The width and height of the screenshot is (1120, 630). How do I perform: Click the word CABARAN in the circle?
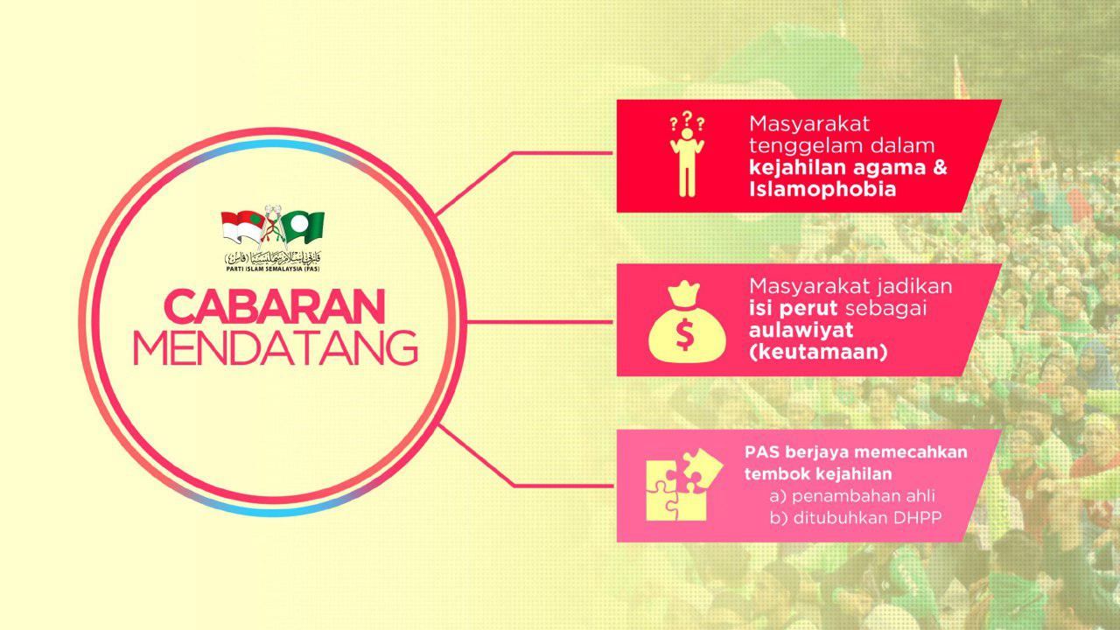[x=275, y=306]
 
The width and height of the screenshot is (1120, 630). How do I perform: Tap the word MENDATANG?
[x=276, y=347]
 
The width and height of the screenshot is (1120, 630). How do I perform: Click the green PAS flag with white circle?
[x=304, y=227]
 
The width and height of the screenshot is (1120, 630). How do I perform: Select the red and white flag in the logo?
[x=243, y=227]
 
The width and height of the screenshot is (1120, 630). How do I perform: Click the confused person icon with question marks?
[x=687, y=155]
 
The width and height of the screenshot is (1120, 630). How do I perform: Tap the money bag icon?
[x=686, y=321]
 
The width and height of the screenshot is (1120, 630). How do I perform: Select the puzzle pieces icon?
[x=684, y=485]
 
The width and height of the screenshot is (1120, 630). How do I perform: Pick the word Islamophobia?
[x=822, y=190]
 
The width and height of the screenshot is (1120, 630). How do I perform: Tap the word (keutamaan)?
[x=818, y=352]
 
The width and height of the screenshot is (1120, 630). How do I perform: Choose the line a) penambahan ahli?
[x=852, y=496]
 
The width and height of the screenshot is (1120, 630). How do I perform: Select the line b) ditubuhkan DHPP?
[x=856, y=518]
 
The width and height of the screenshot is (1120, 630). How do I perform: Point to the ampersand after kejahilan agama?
[x=940, y=167]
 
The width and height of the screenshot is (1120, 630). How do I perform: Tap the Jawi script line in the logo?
[x=273, y=257]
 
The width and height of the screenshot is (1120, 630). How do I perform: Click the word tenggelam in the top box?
[x=804, y=146]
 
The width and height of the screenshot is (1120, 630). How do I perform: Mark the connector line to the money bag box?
[x=540, y=322]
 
